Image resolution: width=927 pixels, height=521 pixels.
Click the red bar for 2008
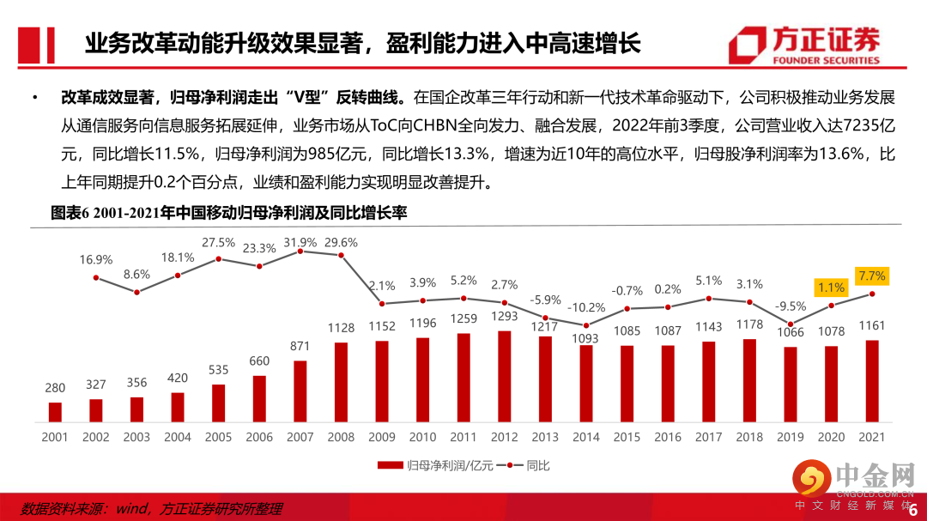[341, 383]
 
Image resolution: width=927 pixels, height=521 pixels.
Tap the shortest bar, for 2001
[55, 412]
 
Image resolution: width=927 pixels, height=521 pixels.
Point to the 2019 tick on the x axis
[790, 437]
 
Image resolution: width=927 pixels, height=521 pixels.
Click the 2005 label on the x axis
[218, 437]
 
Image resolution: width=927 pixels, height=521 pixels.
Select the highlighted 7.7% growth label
[870, 276]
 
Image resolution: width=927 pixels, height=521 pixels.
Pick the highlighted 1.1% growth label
[830, 288]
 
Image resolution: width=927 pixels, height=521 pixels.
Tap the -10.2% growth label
[586, 307]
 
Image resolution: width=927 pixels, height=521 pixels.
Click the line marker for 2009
[382, 303]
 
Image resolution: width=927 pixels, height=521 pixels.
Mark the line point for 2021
[872, 294]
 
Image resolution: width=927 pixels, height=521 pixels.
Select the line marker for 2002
[96, 277]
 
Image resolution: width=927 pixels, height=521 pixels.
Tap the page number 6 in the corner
[912, 508]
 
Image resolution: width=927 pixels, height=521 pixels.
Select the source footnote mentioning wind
[151, 508]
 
